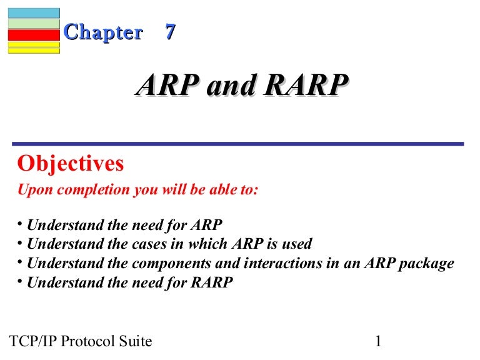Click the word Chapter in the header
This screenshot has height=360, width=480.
tap(103, 32)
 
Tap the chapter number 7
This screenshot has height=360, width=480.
tap(169, 32)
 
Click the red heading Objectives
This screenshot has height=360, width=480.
tap(71, 164)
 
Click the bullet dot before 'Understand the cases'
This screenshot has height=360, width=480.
tap(19, 242)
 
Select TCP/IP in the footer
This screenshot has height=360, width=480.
tap(36, 341)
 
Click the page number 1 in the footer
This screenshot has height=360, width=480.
tap(378, 341)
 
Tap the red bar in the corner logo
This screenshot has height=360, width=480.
tap(34, 35)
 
